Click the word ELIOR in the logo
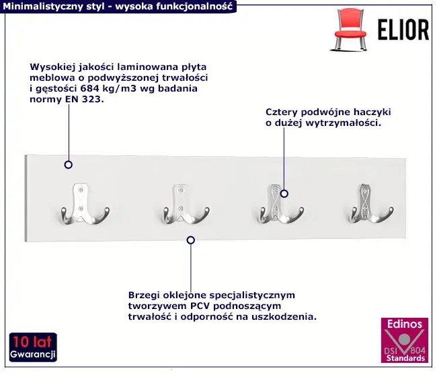tap(401, 30)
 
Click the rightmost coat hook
tap(369, 203)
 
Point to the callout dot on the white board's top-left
tap(68, 164)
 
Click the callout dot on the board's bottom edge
tap(191, 240)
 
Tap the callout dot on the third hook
tap(284, 194)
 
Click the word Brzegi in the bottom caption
tap(144, 295)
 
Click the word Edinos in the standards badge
tap(404, 324)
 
